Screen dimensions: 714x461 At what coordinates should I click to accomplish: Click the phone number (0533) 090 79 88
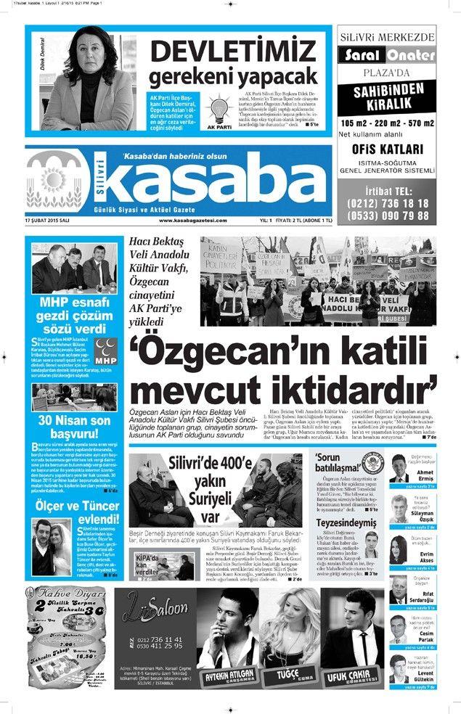(388, 216)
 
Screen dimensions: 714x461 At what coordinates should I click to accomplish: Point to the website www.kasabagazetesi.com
(192, 221)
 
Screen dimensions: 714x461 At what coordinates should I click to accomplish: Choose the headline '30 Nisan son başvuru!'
(75, 427)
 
